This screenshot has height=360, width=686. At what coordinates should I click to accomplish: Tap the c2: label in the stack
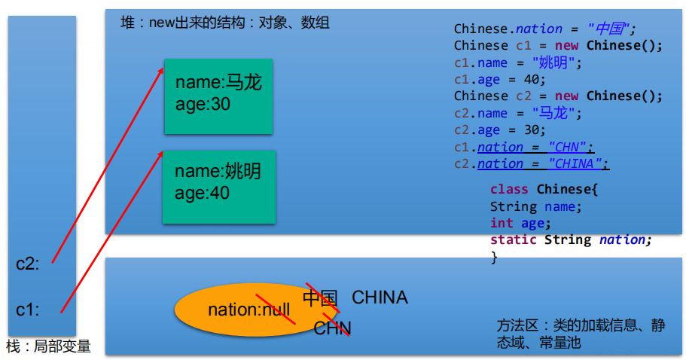(x=28, y=263)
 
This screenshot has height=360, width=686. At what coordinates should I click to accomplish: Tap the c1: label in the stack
(x=28, y=310)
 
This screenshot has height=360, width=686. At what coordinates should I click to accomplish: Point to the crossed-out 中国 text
(x=320, y=298)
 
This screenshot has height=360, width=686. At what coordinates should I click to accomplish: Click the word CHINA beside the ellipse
(x=380, y=297)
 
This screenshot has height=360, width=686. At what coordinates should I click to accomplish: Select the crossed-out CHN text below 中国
(x=332, y=328)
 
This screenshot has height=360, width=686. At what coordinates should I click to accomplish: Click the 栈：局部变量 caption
(x=48, y=346)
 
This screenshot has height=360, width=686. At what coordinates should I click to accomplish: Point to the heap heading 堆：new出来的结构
(x=224, y=23)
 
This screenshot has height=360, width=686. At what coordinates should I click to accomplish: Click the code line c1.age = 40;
(x=499, y=79)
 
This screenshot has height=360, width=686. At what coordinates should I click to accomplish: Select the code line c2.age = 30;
(x=499, y=130)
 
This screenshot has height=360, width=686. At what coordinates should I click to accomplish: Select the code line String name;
(x=536, y=206)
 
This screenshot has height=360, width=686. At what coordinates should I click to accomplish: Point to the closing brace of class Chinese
(x=494, y=257)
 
